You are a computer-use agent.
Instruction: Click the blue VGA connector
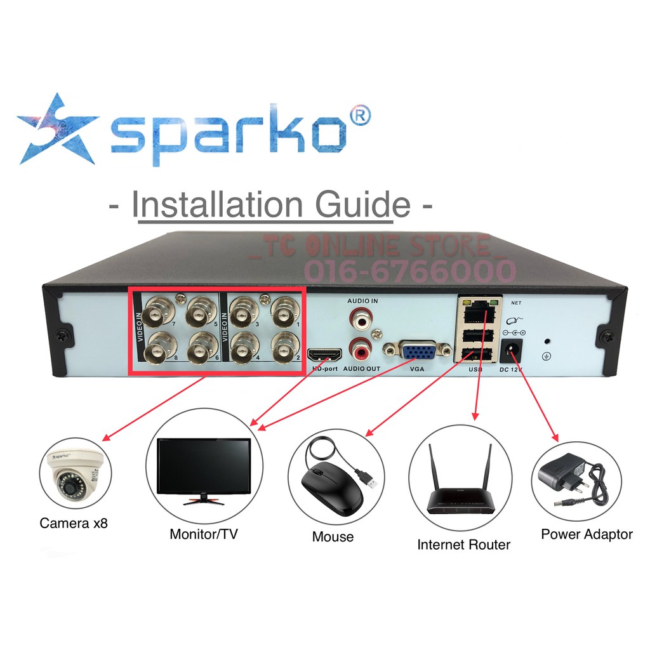[417, 352]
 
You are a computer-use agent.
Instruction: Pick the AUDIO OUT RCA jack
[361, 348]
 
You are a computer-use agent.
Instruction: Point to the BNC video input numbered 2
[283, 347]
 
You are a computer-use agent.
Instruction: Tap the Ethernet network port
[475, 313]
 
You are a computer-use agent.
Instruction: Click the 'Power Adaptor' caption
[587, 534]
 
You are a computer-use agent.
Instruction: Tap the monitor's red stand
[203, 501]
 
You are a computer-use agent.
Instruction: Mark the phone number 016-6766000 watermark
[410, 271]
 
